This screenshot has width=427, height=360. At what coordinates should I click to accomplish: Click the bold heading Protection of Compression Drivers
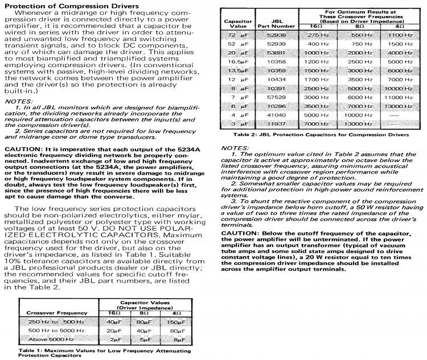[x=69, y=5]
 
